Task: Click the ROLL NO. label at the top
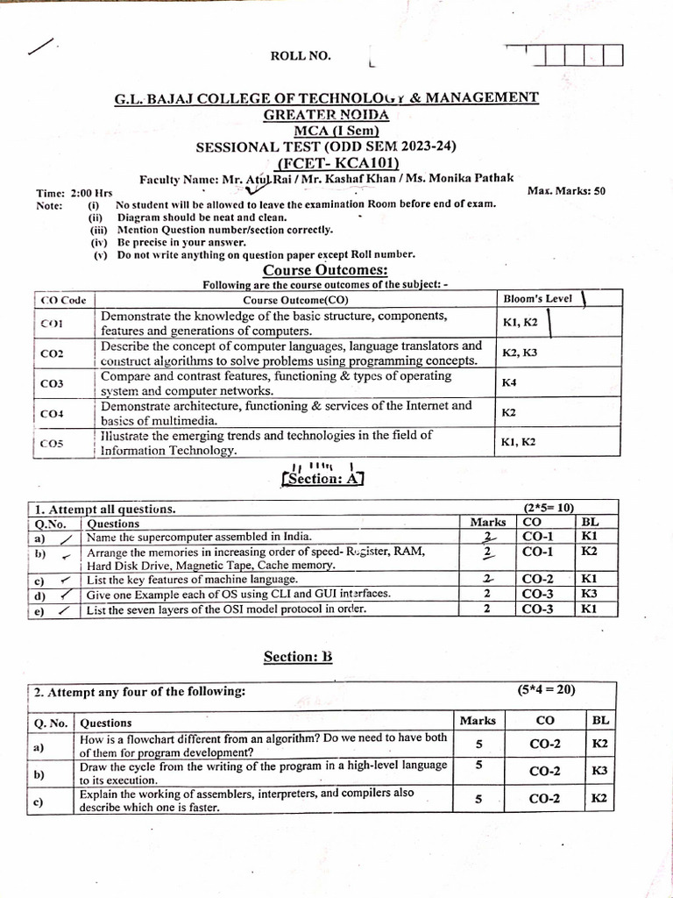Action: click(x=301, y=56)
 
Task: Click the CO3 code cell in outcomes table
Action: click(x=53, y=383)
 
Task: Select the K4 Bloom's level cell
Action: click(x=509, y=383)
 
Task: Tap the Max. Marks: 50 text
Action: click(x=567, y=190)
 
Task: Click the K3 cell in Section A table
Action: click(x=588, y=594)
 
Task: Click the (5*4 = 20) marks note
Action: click(x=546, y=689)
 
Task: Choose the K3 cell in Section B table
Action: click(x=599, y=771)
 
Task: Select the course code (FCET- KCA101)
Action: click(x=337, y=162)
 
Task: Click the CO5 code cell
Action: click(x=53, y=444)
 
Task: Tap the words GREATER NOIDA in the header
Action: click(x=326, y=114)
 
